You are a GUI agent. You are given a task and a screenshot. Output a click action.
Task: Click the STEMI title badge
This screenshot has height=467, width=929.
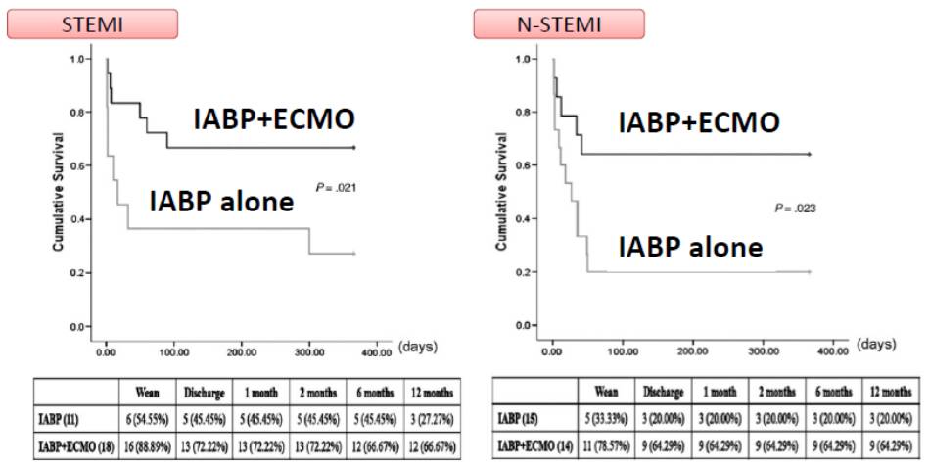(91, 23)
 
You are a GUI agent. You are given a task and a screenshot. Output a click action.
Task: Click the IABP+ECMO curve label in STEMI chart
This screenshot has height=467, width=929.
(272, 120)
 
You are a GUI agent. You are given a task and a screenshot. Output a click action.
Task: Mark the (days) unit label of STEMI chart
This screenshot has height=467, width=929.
(417, 347)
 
